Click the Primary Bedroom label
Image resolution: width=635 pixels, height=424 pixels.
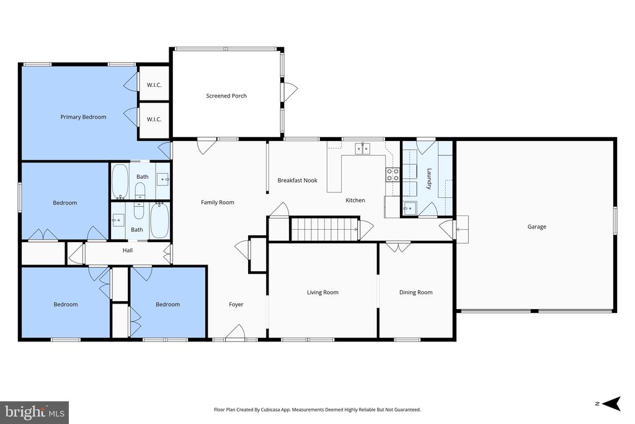tap(84, 117)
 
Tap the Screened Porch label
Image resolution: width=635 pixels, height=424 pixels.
tap(226, 96)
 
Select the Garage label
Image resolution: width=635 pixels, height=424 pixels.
tap(536, 227)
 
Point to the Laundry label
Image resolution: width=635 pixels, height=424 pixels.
tap(429, 179)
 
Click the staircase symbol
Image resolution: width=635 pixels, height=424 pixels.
tap(325, 230)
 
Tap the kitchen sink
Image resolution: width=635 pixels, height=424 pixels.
tap(362, 149)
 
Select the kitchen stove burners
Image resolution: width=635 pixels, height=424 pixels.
tap(393, 174)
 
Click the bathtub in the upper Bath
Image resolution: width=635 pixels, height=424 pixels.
tap(120, 181)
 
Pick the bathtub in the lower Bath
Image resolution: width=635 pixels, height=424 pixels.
tap(159, 221)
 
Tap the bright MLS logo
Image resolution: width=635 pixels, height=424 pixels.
tap(35, 413)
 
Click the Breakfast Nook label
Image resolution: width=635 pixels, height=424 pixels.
tap(297, 181)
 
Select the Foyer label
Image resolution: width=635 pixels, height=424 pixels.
tap(236, 304)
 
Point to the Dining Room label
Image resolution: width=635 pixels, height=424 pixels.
tap(416, 292)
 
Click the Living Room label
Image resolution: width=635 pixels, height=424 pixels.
tap(322, 292)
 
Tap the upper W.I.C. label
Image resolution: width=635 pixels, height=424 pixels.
tap(154, 85)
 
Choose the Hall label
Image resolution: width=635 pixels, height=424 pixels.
tap(128, 251)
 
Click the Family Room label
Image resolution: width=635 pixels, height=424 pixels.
tap(218, 202)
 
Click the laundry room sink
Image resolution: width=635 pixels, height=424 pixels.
tap(410, 209)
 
